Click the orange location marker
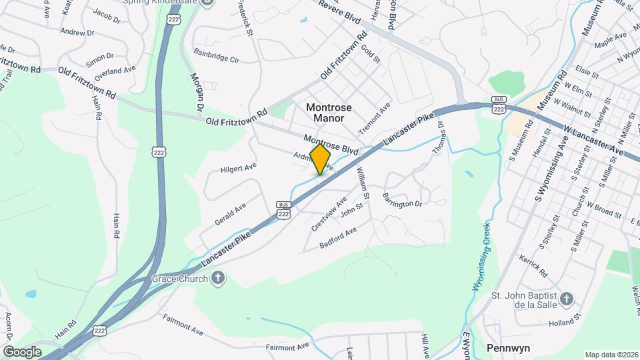pyautogui.click(x=321, y=159)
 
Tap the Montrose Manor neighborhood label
pyautogui.click(x=325, y=113)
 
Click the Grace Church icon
pyautogui.click(x=217, y=279)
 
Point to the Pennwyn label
pyautogui.click(x=508, y=347)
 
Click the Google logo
pyautogui.click(x=22, y=351)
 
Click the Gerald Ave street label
pyautogui.click(x=230, y=213)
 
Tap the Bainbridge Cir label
pyautogui.click(x=216, y=55)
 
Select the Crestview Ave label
pyautogui.click(x=329, y=213)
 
